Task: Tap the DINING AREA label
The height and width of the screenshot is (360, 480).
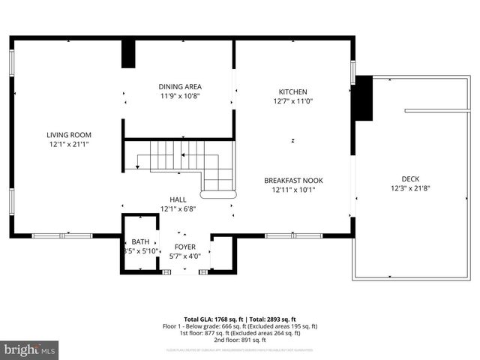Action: coord(179,86)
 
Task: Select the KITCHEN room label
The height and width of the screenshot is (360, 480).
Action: coord(293,91)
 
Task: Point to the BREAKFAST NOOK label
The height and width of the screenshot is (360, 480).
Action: coord(293,180)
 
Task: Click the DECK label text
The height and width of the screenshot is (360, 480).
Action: coord(409,178)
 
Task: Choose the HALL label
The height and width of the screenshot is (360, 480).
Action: coord(178,199)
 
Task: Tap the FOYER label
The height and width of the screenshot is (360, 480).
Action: coord(184,247)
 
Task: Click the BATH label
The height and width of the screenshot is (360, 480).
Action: coord(140,241)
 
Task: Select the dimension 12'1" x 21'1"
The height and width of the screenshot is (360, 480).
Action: coord(68,144)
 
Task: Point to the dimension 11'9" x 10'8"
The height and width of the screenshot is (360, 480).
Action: coord(179,96)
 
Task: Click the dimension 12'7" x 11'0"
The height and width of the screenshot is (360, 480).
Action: coord(293,101)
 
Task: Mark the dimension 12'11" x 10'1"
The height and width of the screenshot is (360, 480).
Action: coord(293,190)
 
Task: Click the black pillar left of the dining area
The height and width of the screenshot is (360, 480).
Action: coord(128,54)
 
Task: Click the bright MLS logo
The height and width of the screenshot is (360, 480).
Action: coord(30,349)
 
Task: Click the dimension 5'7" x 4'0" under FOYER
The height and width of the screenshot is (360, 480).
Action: coord(184,256)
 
